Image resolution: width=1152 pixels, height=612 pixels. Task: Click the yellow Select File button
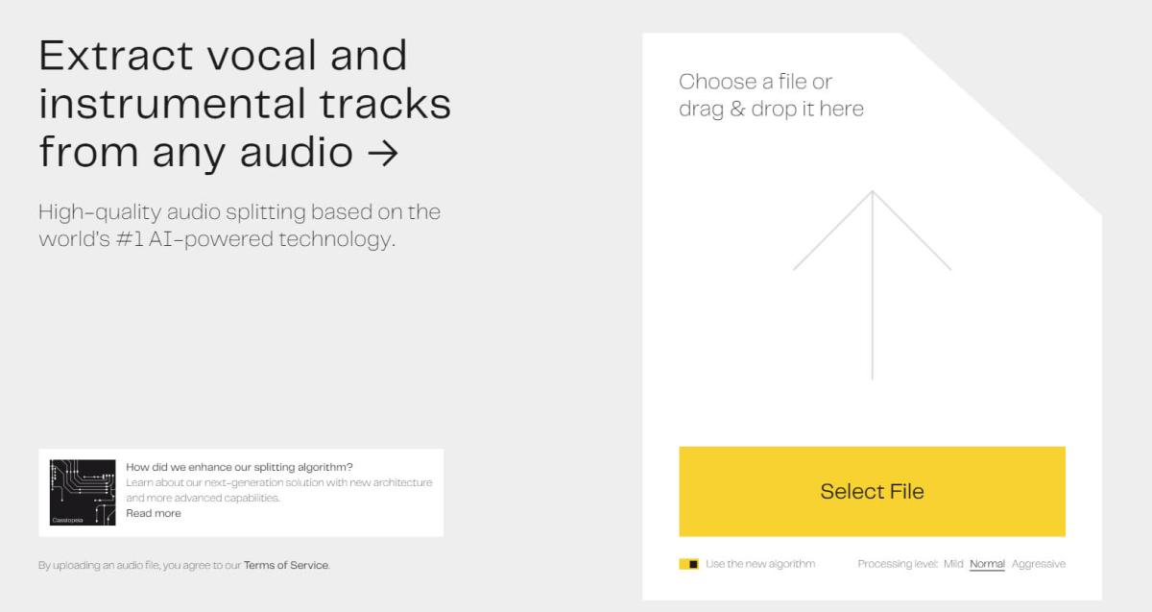coord(872,491)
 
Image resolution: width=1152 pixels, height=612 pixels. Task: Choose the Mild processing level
coord(952,564)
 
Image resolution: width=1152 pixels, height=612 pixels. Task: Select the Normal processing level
coord(987,564)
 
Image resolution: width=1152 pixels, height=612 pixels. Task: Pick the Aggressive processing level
coord(1038,564)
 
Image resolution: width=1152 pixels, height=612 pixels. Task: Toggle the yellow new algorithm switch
coord(688,564)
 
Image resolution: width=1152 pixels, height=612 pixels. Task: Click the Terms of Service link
coord(285,565)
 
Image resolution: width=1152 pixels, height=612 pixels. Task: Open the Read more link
coord(154,513)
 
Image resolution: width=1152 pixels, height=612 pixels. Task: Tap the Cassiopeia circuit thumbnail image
coord(82,492)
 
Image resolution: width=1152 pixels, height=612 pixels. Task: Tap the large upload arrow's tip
coord(872,193)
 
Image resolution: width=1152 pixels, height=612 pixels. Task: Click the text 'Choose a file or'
coord(755,82)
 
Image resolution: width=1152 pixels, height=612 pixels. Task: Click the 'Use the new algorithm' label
coord(760,564)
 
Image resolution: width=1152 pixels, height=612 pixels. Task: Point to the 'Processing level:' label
coord(897,564)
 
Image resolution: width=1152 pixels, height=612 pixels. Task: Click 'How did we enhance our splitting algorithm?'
coord(239,467)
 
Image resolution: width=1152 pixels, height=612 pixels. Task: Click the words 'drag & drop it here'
coord(771,110)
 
